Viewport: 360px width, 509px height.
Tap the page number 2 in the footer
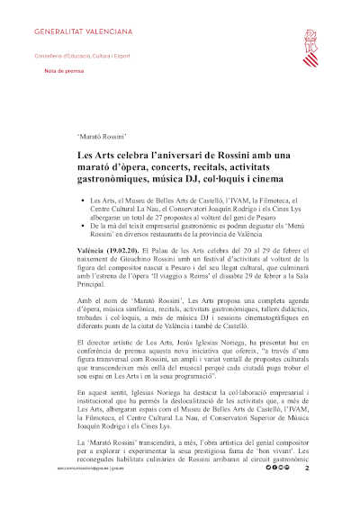pos(307,495)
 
